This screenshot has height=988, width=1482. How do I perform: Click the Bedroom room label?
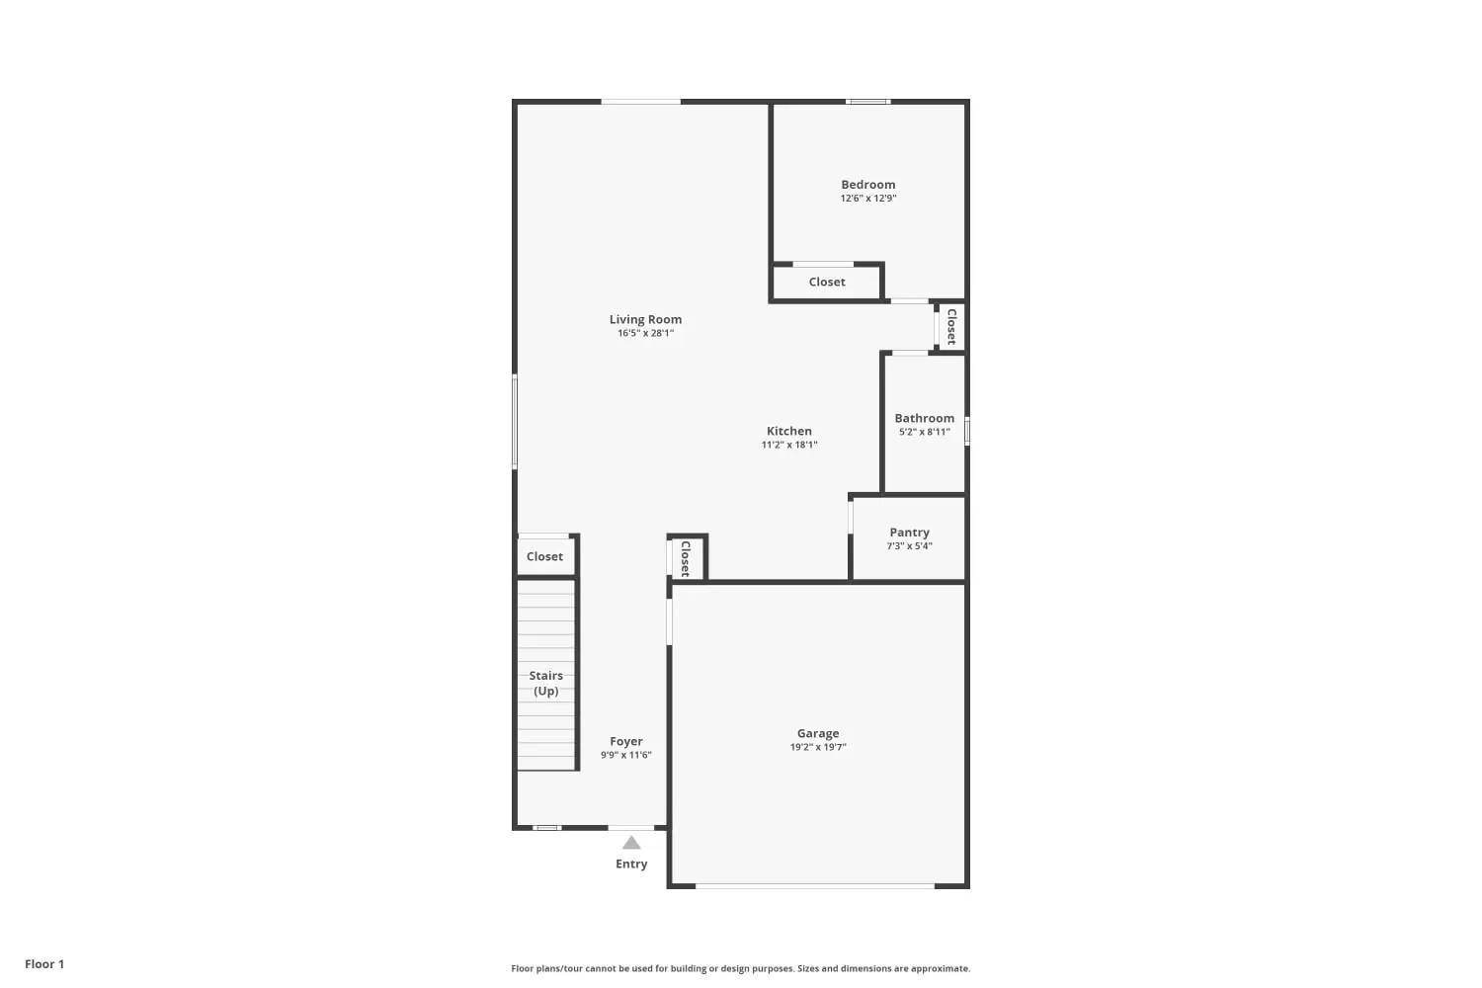pyautogui.click(x=867, y=185)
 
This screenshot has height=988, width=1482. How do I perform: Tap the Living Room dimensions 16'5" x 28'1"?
pyautogui.click(x=645, y=334)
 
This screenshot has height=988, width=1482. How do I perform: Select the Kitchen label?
pyautogui.click(x=788, y=431)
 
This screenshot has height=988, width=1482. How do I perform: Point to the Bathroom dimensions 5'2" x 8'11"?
pyautogui.click(x=924, y=432)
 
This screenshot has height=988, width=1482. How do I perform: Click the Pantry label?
pyautogui.click(x=909, y=533)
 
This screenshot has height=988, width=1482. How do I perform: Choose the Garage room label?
pyautogui.click(x=818, y=733)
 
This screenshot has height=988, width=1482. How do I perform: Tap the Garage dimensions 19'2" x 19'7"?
pyautogui.click(x=818, y=748)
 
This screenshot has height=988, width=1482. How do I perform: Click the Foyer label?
pyautogui.click(x=625, y=741)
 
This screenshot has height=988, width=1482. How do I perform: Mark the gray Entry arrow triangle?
pyautogui.click(x=631, y=843)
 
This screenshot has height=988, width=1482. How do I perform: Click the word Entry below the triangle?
pyautogui.click(x=631, y=864)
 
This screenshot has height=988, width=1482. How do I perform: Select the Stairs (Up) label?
pyautogui.click(x=546, y=683)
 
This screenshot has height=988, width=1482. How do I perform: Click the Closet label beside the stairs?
pyautogui.click(x=544, y=556)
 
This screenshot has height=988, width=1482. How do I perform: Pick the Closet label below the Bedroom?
pyautogui.click(x=827, y=282)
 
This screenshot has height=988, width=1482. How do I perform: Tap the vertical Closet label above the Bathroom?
pyautogui.click(x=951, y=326)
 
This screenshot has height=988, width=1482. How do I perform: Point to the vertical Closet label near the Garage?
pyautogui.click(x=685, y=557)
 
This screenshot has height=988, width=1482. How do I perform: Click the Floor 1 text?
pyautogui.click(x=44, y=964)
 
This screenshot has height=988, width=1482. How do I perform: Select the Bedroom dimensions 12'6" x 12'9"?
pyautogui.click(x=867, y=199)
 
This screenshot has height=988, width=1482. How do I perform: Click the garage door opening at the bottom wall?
pyautogui.click(x=815, y=885)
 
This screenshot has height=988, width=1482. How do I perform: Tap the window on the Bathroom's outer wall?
pyautogui.click(x=967, y=431)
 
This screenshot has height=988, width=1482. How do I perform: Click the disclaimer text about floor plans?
pyautogui.click(x=740, y=968)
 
